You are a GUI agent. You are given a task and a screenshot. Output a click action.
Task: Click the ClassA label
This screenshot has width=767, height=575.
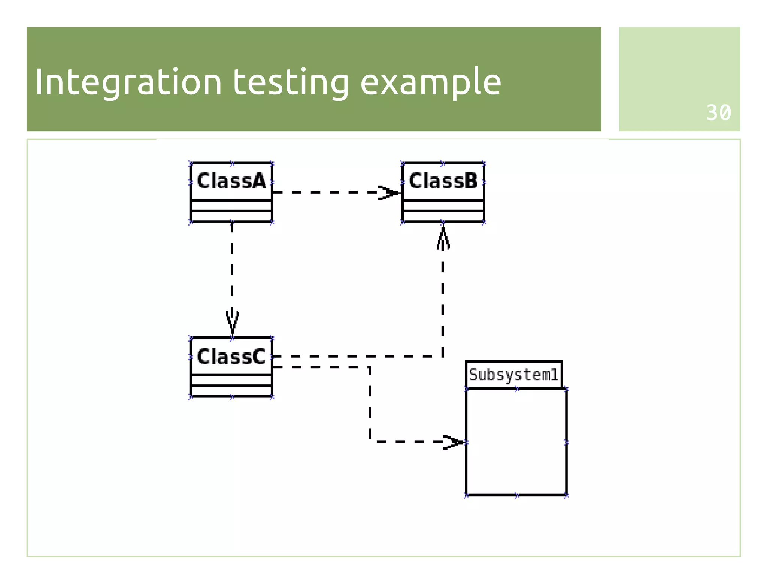[x=231, y=181]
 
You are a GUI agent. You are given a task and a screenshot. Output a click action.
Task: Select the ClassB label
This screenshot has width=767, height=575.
[x=443, y=181]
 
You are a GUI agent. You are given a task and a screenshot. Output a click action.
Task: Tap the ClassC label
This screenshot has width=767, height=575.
[x=231, y=357]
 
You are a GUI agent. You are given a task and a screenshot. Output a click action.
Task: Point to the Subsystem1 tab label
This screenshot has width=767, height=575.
[x=513, y=375]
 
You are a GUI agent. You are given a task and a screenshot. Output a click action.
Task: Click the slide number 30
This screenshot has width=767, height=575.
[x=718, y=113]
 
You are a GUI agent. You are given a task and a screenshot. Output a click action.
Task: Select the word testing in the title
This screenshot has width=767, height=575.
[x=291, y=82]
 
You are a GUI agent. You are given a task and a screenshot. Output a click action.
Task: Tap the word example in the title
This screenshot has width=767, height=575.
[x=430, y=82]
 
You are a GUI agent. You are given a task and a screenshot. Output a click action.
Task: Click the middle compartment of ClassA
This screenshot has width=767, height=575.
[x=231, y=206]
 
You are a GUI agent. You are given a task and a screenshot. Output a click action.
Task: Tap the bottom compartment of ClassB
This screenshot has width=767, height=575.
[x=443, y=217]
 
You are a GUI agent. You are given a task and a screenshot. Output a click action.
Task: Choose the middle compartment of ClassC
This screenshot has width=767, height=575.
[x=231, y=380]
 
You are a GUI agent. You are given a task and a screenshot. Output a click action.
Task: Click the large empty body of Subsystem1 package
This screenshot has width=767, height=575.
[x=516, y=442]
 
